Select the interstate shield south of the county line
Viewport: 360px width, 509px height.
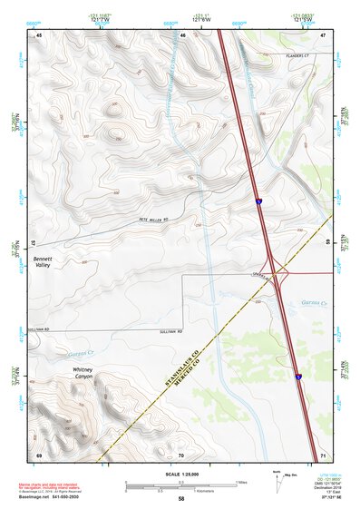coord(297,376)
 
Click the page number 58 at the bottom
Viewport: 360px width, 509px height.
coord(180,499)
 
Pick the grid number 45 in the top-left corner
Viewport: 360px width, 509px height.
coord(40,35)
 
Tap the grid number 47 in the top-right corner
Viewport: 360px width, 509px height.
coord(322,35)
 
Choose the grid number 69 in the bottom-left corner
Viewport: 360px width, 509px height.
coord(39,454)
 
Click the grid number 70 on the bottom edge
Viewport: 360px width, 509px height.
coord(180,455)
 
